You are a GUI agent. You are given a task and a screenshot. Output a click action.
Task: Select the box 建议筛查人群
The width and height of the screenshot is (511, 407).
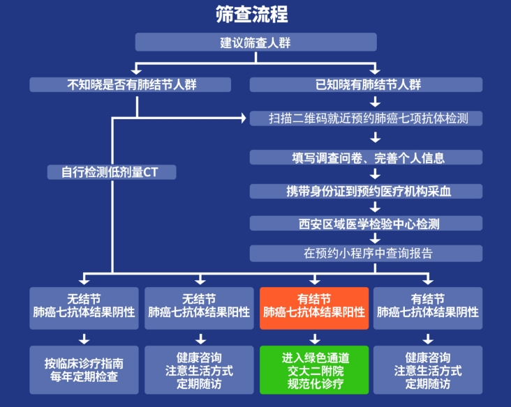(256, 43)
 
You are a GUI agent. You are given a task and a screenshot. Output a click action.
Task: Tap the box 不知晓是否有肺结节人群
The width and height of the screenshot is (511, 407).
(131, 84)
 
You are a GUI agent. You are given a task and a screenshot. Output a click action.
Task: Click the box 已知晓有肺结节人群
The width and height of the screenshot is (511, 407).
(366, 84)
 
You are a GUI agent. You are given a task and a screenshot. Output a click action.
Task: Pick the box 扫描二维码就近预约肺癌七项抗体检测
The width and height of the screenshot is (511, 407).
(366, 118)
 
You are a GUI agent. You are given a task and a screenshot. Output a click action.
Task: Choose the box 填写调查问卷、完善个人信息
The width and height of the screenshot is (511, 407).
(366, 157)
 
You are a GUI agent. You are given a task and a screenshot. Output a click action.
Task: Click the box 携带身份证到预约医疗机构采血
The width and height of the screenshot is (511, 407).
(366, 191)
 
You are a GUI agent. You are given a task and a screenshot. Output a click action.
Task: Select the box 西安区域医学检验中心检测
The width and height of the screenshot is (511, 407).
(366, 223)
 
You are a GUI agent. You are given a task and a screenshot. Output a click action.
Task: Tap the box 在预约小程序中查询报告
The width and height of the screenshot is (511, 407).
(366, 253)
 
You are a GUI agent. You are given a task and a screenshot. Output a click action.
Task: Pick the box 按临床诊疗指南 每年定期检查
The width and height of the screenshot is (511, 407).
(84, 371)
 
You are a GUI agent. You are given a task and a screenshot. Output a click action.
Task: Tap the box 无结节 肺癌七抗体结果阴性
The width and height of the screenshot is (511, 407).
(84, 307)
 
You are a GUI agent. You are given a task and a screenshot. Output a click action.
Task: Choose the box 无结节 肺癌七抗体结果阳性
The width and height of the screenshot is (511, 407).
(199, 307)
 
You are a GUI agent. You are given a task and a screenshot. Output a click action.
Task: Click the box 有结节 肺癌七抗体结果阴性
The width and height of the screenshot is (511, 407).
(428, 307)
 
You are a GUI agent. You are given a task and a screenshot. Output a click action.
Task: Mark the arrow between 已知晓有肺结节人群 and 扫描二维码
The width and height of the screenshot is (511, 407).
(375, 101)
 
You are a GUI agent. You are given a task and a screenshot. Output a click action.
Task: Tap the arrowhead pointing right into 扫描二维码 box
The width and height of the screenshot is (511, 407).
(244, 118)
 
